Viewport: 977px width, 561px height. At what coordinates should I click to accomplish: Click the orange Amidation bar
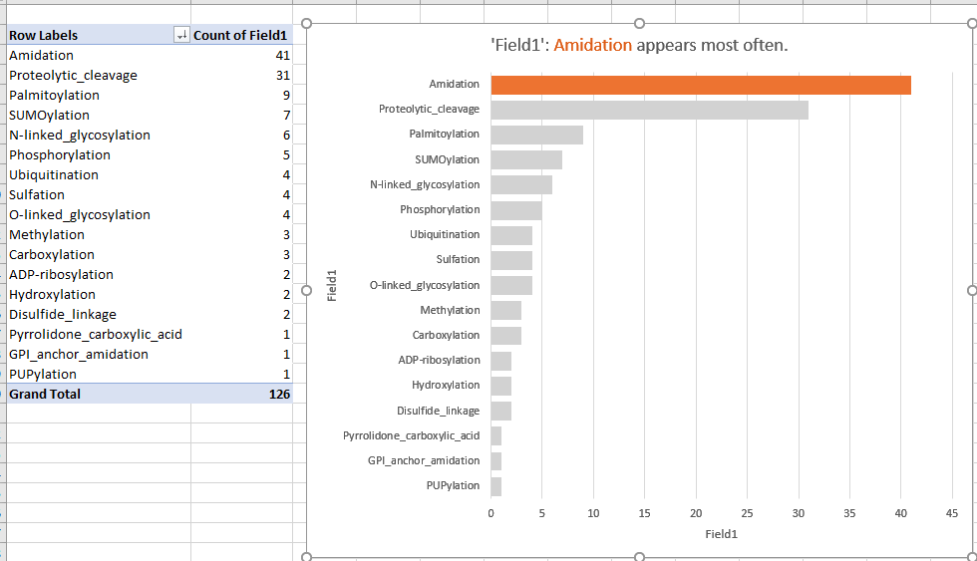[x=700, y=85]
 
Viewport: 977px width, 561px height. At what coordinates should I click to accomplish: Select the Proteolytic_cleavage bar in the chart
[x=649, y=110]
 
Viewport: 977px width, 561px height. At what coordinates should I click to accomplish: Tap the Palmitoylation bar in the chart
[x=536, y=135]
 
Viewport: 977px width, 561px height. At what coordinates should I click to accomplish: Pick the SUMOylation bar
[x=526, y=159]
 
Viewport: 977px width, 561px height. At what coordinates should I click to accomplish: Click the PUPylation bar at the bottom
[x=495, y=486]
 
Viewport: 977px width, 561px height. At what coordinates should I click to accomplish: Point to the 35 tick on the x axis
[x=849, y=513]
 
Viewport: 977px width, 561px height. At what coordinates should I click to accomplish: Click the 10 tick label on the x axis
[x=593, y=513]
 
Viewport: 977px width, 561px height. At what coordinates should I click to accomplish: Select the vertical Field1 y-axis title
[x=333, y=284]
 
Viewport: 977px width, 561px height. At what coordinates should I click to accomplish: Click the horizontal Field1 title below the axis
[x=721, y=534]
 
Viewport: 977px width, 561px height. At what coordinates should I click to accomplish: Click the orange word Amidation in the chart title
[x=592, y=45]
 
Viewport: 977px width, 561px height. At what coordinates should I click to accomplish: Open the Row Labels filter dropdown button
[x=181, y=35]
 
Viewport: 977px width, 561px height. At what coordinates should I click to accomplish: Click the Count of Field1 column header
[x=240, y=35]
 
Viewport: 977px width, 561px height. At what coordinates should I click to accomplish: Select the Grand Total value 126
[x=278, y=394]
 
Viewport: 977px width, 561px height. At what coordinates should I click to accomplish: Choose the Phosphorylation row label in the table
[x=60, y=154]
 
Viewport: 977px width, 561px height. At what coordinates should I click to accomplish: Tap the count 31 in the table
[x=282, y=75]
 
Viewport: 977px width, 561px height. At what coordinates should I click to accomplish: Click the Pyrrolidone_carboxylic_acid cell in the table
[x=96, y=334]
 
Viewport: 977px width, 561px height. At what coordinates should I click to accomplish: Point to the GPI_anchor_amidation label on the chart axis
[x=423, y=460]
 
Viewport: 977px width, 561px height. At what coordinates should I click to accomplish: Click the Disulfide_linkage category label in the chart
[x=438, y=411]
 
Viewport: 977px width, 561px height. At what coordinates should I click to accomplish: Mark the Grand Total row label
[x=45, y=394]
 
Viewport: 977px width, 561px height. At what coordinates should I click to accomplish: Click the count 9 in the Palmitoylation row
[x=286, y=95]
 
